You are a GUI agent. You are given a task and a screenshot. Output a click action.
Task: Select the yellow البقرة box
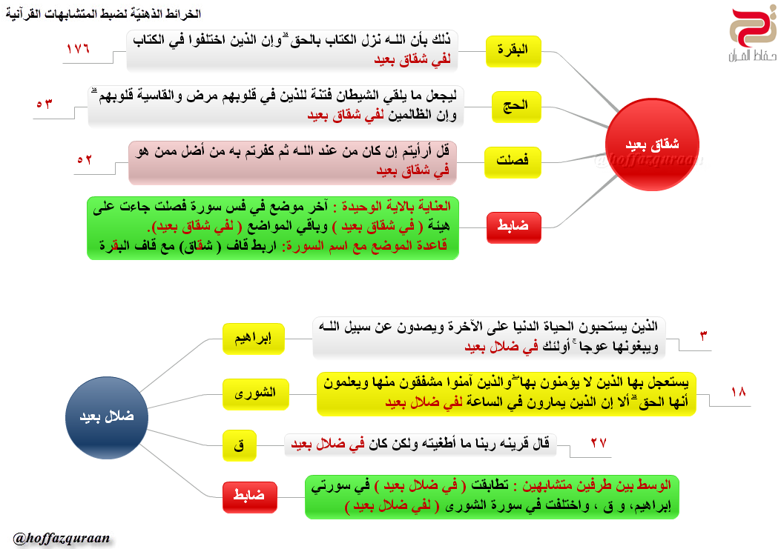(513, 50)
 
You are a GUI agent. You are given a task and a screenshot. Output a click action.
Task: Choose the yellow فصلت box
(513, 161)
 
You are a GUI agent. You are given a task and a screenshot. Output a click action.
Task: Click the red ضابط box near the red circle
(513, 227)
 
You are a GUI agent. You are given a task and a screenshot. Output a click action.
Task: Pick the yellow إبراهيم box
(253, 339)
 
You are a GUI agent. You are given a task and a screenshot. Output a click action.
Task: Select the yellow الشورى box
(253, 393)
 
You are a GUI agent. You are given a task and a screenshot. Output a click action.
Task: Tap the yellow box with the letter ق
(239, 445)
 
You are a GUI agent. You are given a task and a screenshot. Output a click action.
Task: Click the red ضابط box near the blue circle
(249, 496)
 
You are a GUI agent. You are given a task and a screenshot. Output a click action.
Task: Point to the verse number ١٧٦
(76, 50)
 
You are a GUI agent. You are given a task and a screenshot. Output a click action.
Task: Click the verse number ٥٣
(45, 104)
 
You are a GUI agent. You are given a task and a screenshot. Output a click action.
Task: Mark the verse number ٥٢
(85, 160)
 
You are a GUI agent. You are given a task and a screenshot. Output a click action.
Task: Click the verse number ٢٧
(599, 444)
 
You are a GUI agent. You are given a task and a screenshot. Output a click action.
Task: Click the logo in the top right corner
(750, 36)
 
